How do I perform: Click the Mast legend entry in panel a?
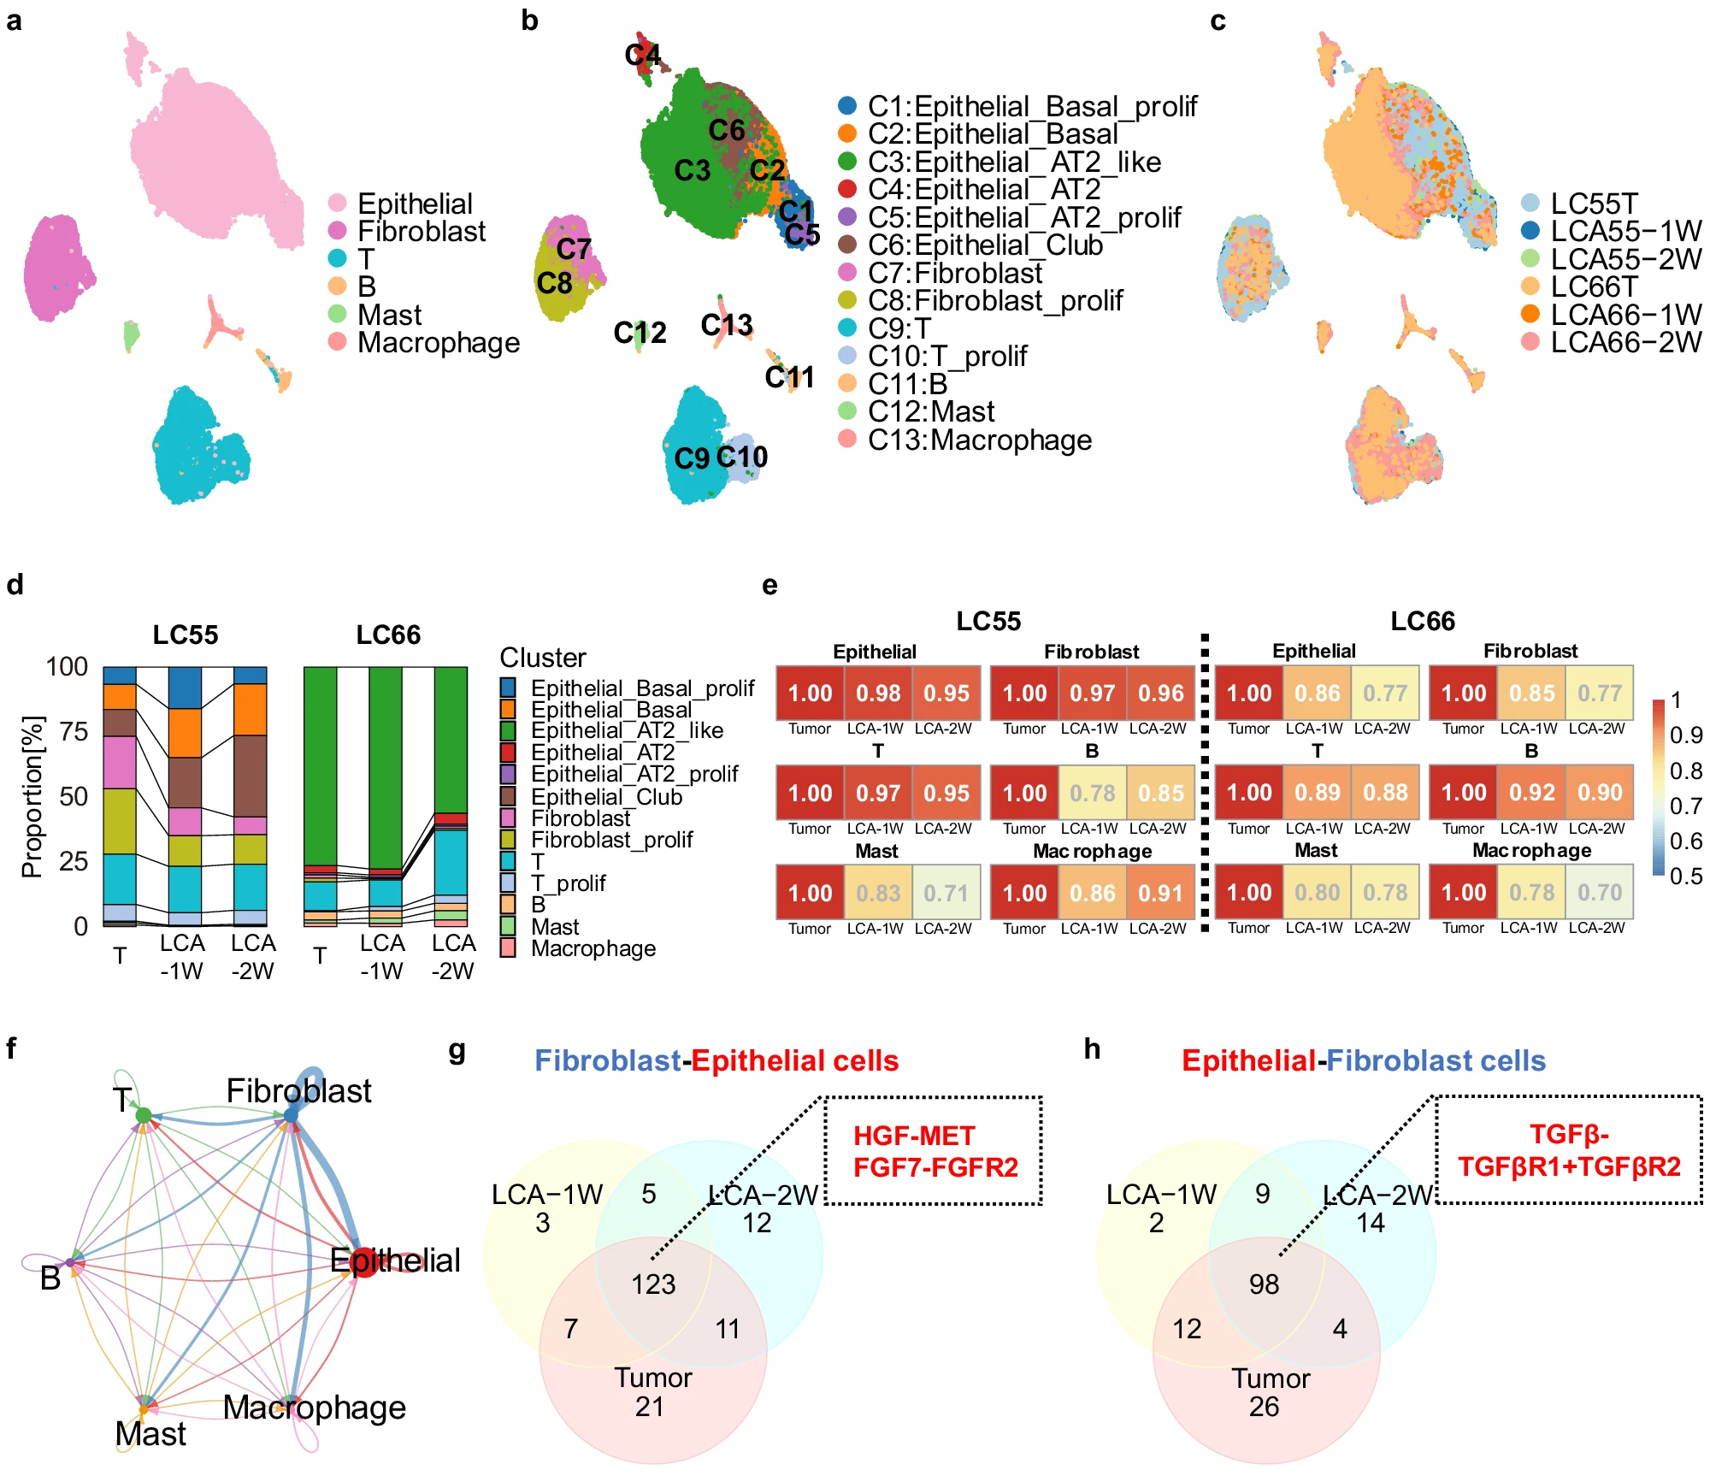tap(389, 315)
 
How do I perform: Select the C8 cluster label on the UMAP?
tap(554, 282)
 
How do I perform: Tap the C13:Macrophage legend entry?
tap(979, 440)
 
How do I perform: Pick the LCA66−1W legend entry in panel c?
tap(1625, 315)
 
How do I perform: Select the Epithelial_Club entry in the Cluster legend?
tap(606, 796)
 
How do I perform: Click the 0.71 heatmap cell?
tap(946, 893)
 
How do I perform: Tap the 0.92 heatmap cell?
tap(1531, 793)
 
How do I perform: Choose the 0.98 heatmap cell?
tap(878, 693)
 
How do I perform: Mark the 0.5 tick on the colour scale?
tap(1686, 876)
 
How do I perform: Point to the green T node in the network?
tap(144, 1115)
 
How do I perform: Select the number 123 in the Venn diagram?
tap(653, 1284)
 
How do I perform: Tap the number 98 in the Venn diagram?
tap(1264, 1284)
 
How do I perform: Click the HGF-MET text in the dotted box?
tap(914, 1136)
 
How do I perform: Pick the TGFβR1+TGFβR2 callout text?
tap(1569, 1166)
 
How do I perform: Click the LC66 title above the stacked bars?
tap(388, 635)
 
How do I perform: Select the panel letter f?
tap(11, 1048)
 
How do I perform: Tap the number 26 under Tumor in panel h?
tap(1264, 1406)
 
